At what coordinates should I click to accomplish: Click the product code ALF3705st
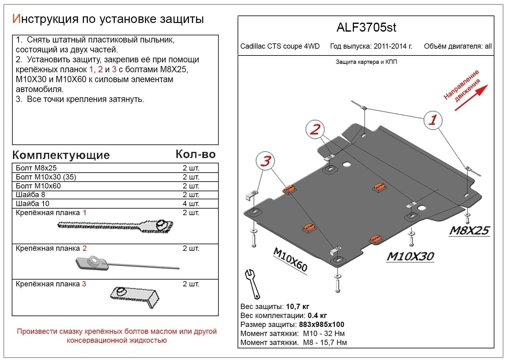[x=366, y=28]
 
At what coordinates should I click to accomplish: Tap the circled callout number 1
[x=433, y=120]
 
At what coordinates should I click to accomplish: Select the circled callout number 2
[x=315, y=129]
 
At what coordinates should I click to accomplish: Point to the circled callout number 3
[x=265, y=161]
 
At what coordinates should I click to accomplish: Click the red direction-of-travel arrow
[x=471, y=98]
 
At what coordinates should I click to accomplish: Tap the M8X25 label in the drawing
[x=469, y=230]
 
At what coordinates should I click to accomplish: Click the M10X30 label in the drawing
[x=410, y=256]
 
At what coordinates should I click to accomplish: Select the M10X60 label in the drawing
[x=291, y=259]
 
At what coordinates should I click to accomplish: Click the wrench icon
[x=252, y=284]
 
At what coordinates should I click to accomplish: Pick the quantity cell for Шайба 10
[x=191, y=204]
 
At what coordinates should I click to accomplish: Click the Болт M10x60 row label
[x=38, y=186]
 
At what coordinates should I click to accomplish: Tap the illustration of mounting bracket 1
[x=115, y=226]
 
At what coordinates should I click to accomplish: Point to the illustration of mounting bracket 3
[x=135, y=297]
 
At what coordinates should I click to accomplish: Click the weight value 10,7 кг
[x=298, y=307]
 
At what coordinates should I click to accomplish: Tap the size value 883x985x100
[x=321, y=324]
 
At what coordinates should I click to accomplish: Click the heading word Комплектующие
[x=61, y=155]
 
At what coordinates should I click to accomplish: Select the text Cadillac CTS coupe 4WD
[x=280, y=46]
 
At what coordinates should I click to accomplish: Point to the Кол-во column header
[x=196, y=154]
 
